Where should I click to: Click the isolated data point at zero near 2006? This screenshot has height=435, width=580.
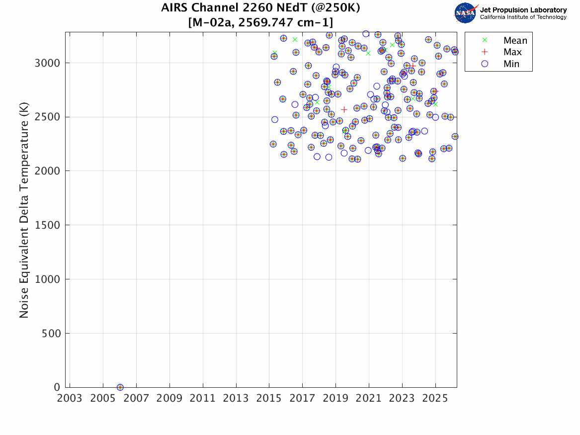(120, 387)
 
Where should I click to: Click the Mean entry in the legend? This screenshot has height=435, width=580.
(515, 40)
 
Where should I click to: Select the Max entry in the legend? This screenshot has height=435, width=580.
(512, 52)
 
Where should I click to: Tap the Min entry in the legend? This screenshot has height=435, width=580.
(511, 64)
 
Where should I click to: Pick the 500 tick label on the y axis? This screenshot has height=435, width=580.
(51, 334)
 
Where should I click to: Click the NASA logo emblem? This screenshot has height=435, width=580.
(465, 13)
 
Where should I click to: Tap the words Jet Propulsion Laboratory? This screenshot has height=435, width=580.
(523, 10)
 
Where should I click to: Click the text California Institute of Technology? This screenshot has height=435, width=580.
(523, 17)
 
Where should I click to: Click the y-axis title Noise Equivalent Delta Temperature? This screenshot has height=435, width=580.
(24, 210)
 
